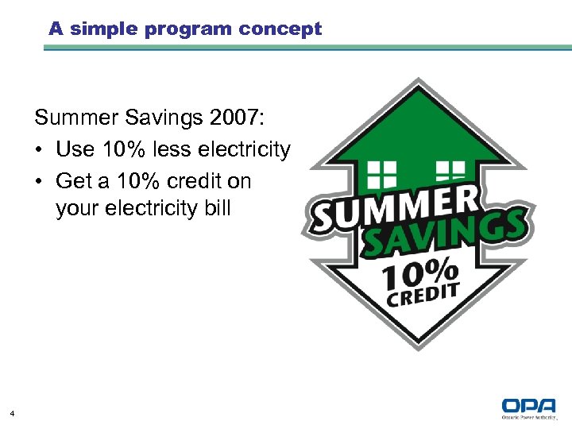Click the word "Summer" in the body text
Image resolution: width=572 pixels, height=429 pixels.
(75, 119)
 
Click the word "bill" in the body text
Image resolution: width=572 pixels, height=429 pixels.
(215, 208)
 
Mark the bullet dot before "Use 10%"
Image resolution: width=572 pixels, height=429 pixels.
(40, 150)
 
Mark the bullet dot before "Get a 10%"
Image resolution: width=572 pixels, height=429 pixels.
(40, 181)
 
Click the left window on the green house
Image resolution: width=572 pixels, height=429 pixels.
(381, 173)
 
